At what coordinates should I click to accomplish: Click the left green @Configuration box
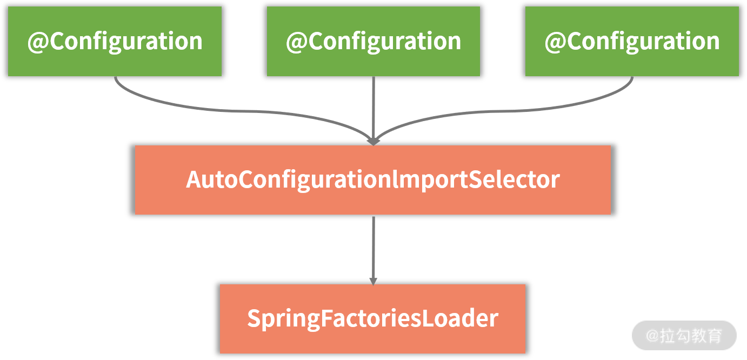[x=115, y=41]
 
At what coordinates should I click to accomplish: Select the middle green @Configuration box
[x=373, y=41]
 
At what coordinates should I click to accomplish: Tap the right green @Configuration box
[x=632, y=41]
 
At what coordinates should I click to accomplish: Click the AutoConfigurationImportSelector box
[x=373, y=180]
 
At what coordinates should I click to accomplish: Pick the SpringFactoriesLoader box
[x=372, y=318]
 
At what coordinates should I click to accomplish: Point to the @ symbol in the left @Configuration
[x=38, y=42]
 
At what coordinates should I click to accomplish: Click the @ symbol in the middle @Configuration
[x=297, y=42]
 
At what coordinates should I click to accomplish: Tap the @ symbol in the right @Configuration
[x=555, y=42]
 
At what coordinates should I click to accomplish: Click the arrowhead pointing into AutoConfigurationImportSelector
[x=373, y=141]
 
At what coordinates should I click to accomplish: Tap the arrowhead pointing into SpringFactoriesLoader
[x=373, y=281]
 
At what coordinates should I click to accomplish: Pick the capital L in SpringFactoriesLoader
[x=427, y=318]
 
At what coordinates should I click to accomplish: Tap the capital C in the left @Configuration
[x=57, y=42]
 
